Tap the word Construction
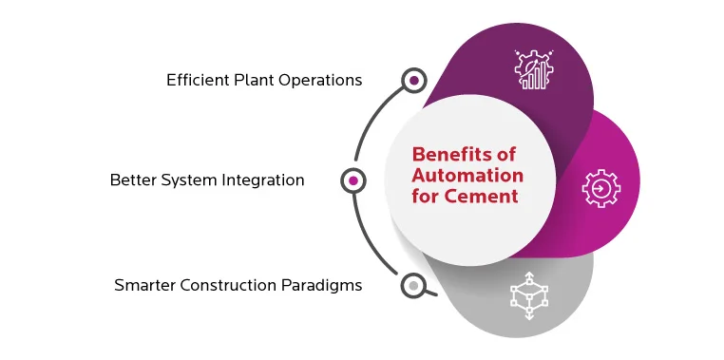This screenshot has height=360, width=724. click(x=227, y=284)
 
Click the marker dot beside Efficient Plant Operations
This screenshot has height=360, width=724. click(x=413, y=81)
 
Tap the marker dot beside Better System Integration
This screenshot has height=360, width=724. click(x=353, y=180)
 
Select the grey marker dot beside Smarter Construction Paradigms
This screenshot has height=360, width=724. click(x=413, y=284)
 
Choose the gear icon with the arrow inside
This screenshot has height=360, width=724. click(x=600, y=187)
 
